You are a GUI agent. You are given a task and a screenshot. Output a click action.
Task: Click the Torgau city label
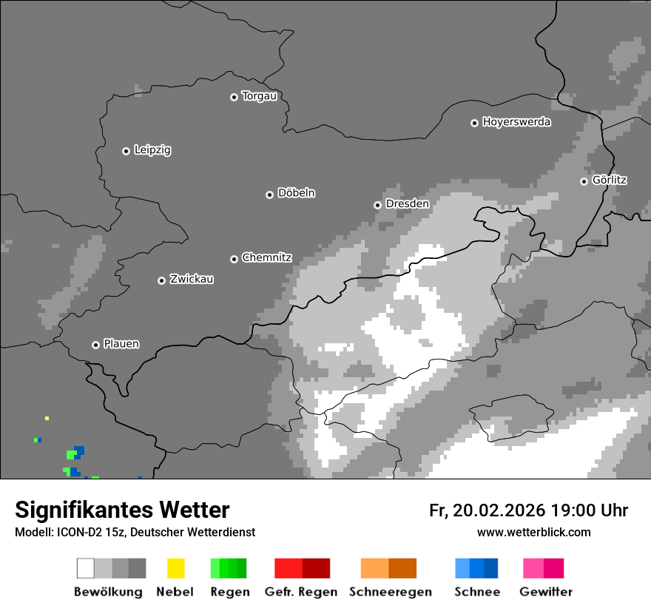259,96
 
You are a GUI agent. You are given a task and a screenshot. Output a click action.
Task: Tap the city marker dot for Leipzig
126,151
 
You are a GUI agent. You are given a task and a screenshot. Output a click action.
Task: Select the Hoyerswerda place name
516,122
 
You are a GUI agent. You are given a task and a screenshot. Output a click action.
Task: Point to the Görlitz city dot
584,181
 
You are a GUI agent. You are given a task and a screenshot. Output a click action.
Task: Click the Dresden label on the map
407,203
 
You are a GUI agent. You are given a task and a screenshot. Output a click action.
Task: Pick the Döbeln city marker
269,195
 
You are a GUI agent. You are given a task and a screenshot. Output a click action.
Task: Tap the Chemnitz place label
266,258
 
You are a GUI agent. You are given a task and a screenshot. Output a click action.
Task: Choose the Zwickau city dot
161,280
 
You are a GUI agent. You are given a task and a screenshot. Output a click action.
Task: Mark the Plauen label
121,344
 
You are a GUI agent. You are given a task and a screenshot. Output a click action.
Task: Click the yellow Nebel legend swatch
175,568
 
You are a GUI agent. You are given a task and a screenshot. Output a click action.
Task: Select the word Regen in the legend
229,592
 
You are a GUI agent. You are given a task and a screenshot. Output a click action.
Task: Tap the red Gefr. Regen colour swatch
302,568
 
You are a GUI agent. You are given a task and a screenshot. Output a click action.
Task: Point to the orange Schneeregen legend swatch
388,568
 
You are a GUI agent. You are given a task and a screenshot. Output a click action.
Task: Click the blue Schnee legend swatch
476,568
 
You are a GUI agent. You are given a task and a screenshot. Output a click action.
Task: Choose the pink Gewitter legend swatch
543,568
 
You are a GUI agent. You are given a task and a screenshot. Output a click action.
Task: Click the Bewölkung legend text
108,592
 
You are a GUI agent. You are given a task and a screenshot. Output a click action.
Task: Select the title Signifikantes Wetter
122,510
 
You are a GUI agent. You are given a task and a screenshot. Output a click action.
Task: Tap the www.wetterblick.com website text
533,532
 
